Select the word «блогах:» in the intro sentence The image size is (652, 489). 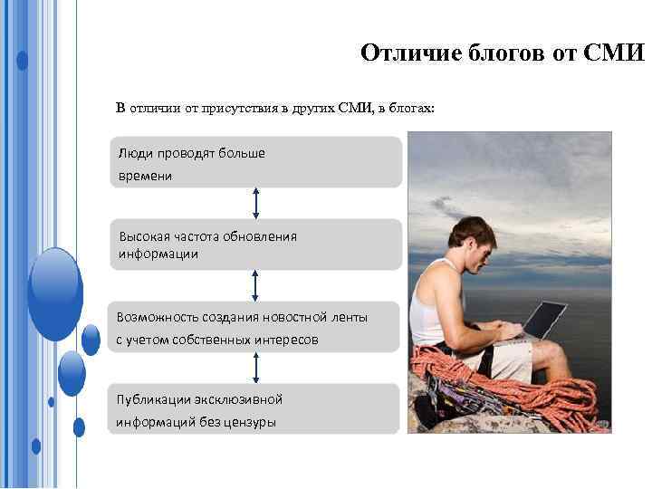pyautogui.click(x=412, y=109)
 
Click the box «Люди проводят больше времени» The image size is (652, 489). pyautogui.click(x=255, y=163)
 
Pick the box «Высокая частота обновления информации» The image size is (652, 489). pyautogui.click(x=255, y=244)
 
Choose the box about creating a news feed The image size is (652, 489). pyautogui.click(x=255, y=327)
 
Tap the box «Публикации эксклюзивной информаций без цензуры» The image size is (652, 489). pyautogui.click(x=255, y=409)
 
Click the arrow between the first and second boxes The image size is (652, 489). pyautogui.click(x=256, y=204)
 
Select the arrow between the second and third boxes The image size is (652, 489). pyautogui.click(x=256, y=285)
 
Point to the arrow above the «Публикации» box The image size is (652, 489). pyautogui.click(x=256, y=368)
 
